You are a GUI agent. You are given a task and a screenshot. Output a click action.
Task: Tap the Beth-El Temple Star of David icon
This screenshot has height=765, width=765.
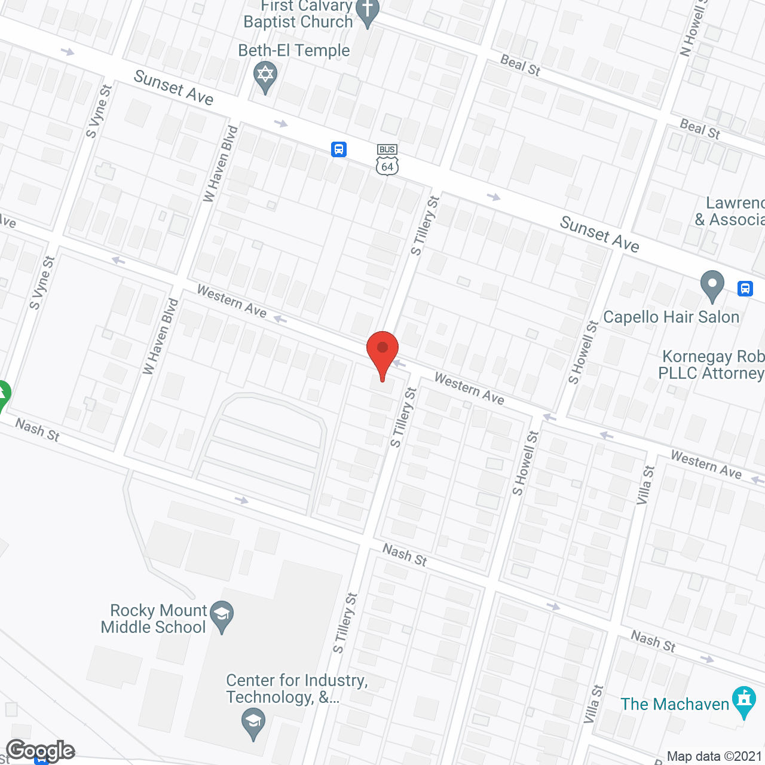pyautogui.click(x=265, y=76)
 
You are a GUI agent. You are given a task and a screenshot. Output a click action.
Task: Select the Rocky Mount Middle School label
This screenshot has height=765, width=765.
pyautogui.click(x=154, y=619)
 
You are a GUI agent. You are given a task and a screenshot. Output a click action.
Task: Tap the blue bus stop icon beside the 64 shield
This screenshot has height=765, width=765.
pyautogui.click(x=339, y=149)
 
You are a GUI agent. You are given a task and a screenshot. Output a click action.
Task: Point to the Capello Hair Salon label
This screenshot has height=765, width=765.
pyautogui.click(x=671, y=317)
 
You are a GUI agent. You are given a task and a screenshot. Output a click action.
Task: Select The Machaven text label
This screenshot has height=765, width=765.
pyautogui.click(x=675, y=704)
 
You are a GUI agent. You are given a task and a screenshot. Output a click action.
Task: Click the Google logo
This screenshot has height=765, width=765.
pyautogui.click(x=41, y=751)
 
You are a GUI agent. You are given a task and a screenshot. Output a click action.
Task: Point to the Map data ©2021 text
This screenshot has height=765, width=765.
pyautogui.click(x=714, y=756)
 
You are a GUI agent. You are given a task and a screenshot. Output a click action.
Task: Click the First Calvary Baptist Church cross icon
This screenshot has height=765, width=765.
pyautogui.click(x=367, y=11)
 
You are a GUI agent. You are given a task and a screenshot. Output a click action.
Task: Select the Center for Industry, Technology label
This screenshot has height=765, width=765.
pyautogui.click(x=296, y=688)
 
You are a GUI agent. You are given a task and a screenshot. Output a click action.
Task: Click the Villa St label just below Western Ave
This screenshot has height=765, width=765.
pyautogui.click(x=645, y=485)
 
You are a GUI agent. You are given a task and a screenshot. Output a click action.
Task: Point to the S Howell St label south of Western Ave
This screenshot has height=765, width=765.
pyautogui.click(x=525, y=463)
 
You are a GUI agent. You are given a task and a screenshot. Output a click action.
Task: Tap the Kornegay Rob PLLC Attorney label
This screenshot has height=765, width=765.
pyautogui.click(x=711, y=365)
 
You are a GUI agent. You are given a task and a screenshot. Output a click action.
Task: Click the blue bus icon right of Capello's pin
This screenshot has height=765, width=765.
pyautogui.click(x=745, y=289)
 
